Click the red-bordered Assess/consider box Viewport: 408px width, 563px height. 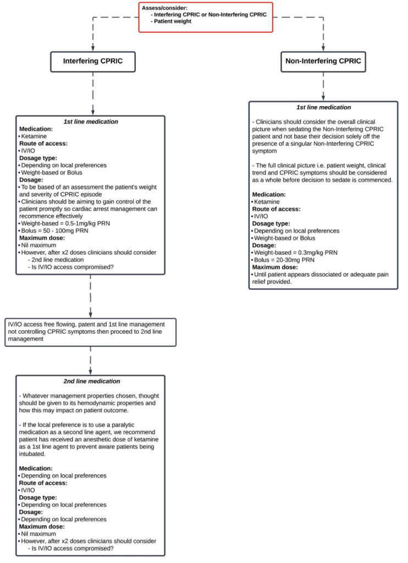click(x=205, y=16)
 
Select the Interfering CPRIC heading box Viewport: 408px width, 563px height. click(x=92, y=62)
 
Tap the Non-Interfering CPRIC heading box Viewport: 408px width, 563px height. click(x=323, y=62)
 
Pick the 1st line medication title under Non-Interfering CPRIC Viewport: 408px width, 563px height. click(x=323, y=107)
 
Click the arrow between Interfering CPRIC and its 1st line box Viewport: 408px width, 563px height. click(x=92, y=93)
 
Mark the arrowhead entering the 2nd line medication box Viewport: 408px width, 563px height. click(x=90, y=372)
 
